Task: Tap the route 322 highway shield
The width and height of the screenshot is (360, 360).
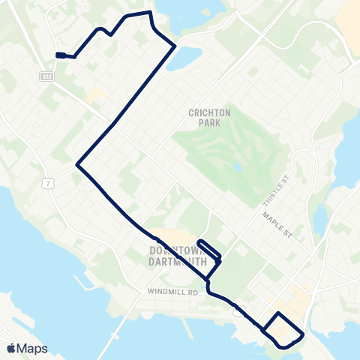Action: (46, 77)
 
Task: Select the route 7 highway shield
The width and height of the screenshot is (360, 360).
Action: (48, 184)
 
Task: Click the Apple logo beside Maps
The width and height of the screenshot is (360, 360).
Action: (11, 349)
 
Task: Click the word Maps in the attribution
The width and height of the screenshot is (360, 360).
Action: (33, 349)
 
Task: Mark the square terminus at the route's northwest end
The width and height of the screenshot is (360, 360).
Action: (58, 55)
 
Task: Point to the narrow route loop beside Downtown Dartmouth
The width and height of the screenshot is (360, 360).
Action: (209, 250)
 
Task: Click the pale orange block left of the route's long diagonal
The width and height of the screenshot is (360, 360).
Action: (96, 95)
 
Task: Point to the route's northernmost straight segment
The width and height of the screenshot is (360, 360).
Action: (138, 13)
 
